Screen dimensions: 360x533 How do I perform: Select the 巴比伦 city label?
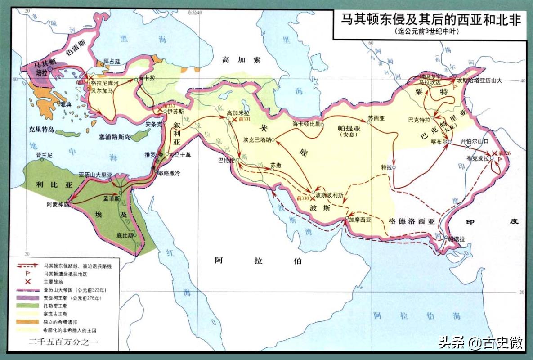click(226, 160)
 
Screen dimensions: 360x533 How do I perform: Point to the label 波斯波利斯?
click(329, 195)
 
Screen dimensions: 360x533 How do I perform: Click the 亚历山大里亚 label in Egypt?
click(95, 174)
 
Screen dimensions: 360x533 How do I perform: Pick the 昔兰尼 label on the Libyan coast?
click(45, 155)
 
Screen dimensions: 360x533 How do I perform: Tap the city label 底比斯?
click(124, 235)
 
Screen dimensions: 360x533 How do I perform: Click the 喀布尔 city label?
click(439, 141)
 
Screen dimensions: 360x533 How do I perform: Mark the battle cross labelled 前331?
click(234, 120)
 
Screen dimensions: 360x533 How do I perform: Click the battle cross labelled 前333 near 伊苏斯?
click(160, 110)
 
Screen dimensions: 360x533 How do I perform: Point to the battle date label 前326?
click(505, 153)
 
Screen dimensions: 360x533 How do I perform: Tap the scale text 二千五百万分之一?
click(63, 342)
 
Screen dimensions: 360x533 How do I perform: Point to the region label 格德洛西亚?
click(412, 221)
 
